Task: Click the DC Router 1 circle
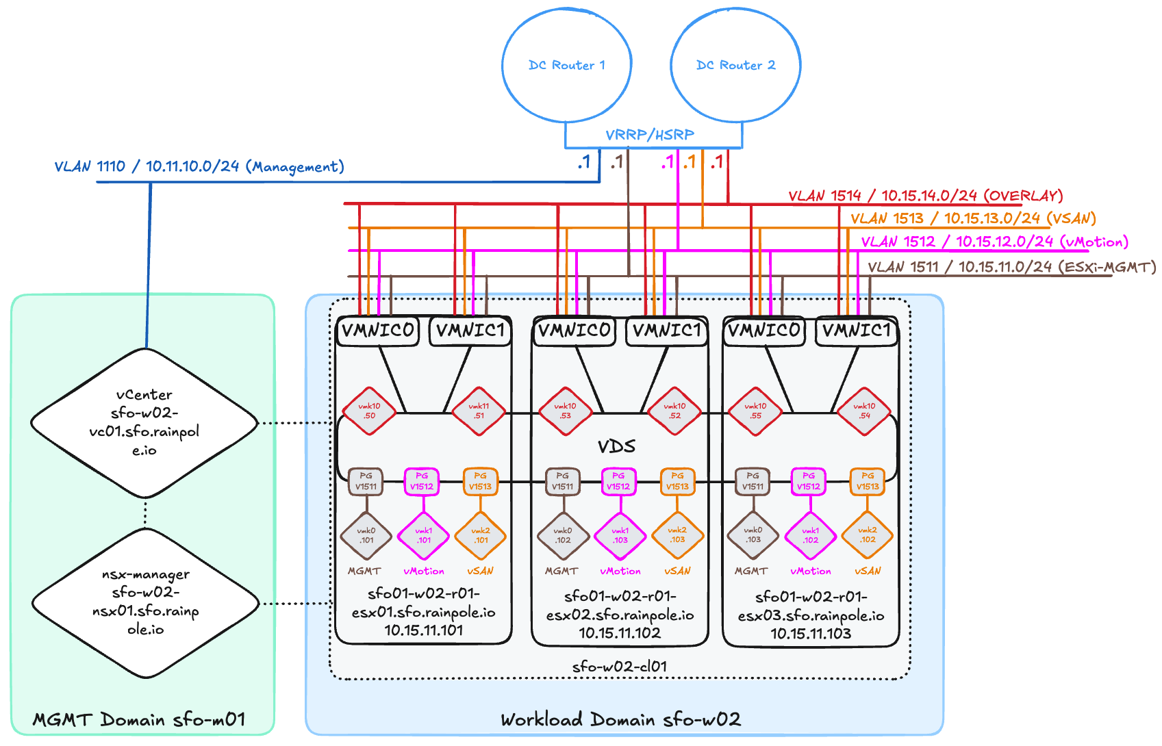(566, 66)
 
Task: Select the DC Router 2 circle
(735, 66)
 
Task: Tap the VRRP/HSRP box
(653, 135)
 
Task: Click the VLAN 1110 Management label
(199, 167)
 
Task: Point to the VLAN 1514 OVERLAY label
(925, 196)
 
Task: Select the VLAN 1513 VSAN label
(973, 219)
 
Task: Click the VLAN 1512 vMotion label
(994, 242)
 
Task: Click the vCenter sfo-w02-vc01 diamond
(144, 423)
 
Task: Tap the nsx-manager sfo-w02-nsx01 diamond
(146, 603)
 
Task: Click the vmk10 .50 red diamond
(369, 411)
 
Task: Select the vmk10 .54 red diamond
(865, 411)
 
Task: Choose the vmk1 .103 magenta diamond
(620, 536)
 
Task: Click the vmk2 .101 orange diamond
(481, 536)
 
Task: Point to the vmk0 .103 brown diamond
(753, 536)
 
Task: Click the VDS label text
(616, 447)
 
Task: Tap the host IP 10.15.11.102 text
(620, 633)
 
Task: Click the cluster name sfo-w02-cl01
(620, 667)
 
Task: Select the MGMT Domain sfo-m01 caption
(139, 720)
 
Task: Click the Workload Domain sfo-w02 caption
(620, 720)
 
